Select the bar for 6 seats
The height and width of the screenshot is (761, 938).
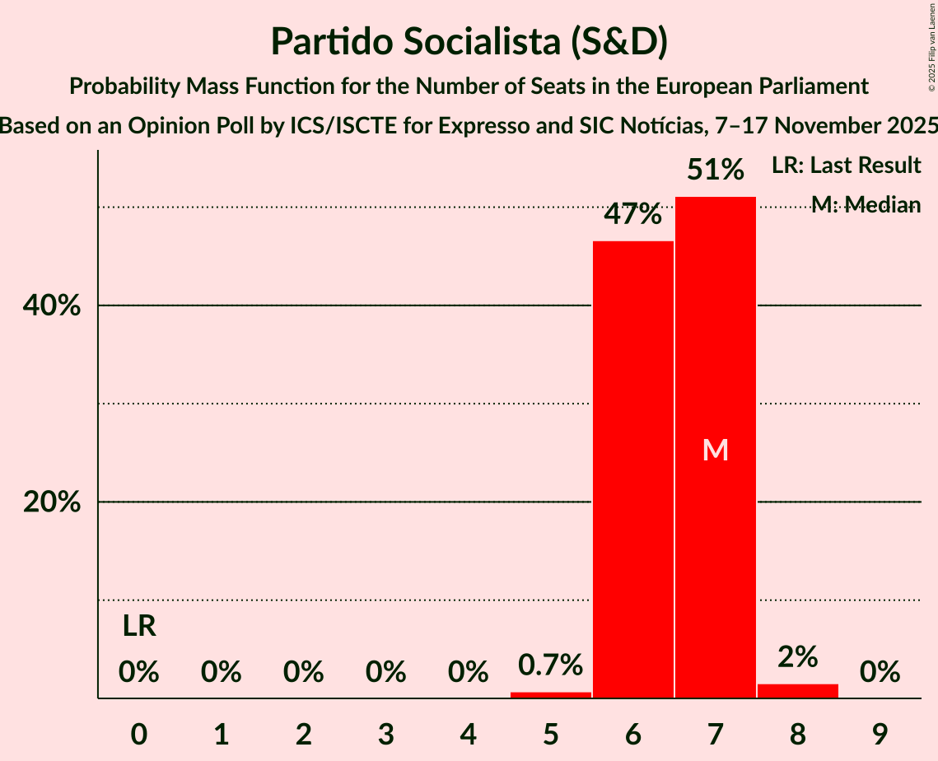point(632,469)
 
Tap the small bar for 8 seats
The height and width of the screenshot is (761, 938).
point(797,691)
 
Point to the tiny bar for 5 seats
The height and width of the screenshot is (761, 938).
point(550,695)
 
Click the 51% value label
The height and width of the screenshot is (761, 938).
point(716,170)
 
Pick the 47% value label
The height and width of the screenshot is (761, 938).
point(632,215)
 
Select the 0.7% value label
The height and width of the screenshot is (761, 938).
point(550,664)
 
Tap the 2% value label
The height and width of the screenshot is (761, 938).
point(797,656)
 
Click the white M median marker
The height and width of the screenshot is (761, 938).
point(716,450)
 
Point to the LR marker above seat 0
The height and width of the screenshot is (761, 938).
point(139,627)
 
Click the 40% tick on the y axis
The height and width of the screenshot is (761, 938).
point(50,306)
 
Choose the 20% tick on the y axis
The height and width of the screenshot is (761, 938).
point(50,502)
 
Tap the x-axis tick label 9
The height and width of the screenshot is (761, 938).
point(880,731)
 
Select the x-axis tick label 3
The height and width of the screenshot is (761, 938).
point(385,731)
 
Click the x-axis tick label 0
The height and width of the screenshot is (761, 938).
point(139,731)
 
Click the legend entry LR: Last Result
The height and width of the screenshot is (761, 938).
point(846,166)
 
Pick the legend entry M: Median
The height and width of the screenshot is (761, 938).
point(866,205)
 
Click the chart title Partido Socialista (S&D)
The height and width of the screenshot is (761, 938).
point(469,41)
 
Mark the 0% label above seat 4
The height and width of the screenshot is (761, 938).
point(468,673)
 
